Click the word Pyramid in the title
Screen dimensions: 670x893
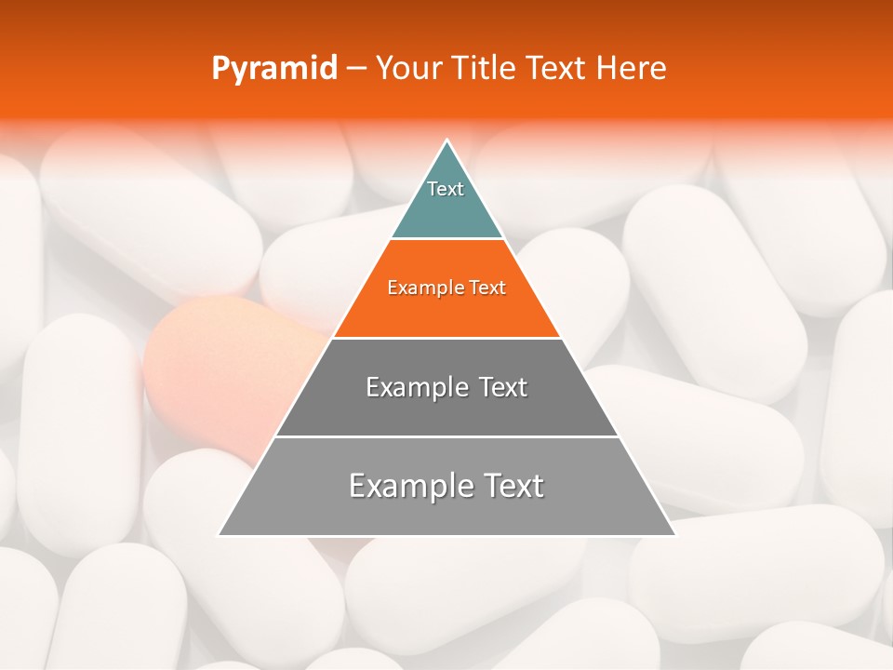273,69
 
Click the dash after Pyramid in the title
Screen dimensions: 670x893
355,69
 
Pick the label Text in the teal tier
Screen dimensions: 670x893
446,189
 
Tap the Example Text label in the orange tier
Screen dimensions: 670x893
446,288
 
